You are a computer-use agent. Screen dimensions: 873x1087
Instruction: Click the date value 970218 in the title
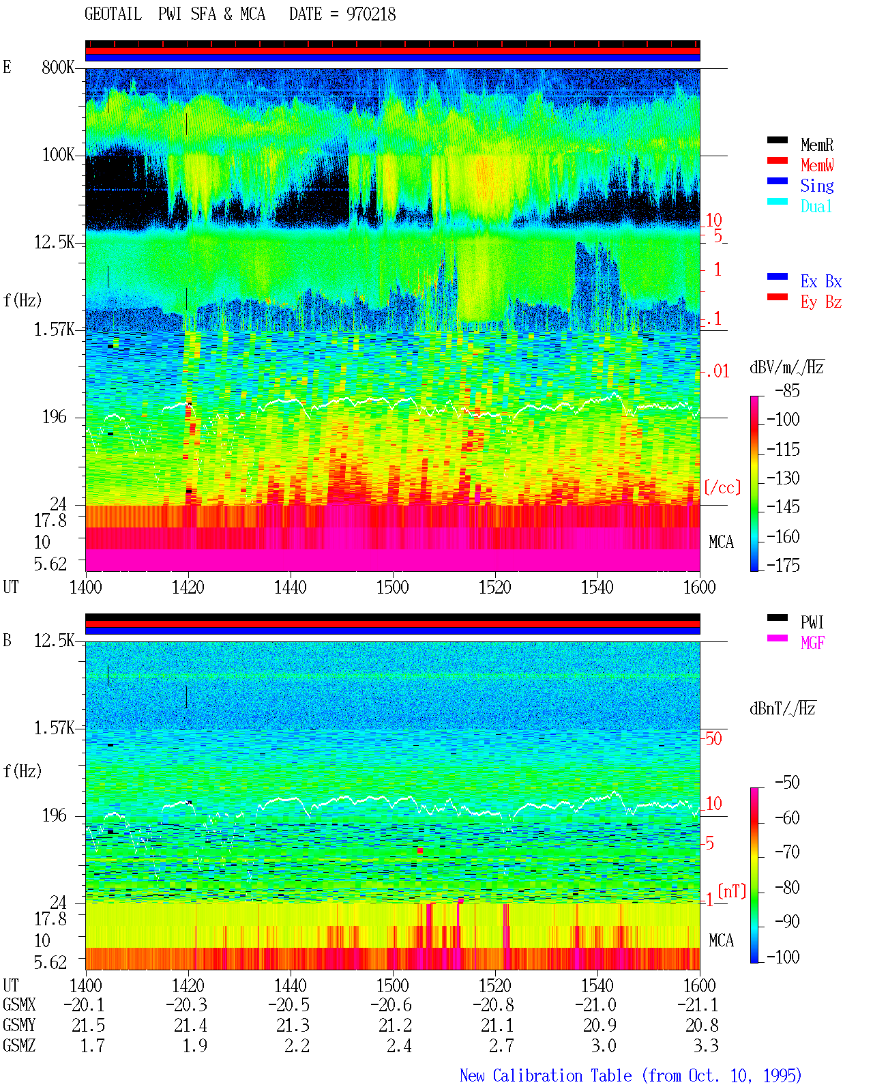click(370, 14)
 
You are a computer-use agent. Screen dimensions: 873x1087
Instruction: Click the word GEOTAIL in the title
click(113, 14)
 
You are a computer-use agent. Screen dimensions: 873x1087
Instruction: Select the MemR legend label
click(816, 145)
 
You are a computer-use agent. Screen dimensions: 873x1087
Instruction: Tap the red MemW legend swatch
click(777, 160)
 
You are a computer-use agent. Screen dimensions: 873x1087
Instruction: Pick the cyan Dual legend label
click(816, 206)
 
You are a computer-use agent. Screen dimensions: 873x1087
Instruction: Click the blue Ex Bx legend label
click(820, 281)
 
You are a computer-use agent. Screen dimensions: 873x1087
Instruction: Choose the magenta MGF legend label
click(812, 643)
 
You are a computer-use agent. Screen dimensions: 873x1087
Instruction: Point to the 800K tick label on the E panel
click(57, 67)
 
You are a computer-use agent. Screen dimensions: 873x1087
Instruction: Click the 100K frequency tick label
click(57, 155)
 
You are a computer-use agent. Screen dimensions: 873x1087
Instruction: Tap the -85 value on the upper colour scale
click(787, 391)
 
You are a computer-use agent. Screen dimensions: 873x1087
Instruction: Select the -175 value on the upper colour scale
click(782, 565)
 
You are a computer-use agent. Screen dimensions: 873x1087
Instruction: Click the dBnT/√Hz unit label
click(782, 709)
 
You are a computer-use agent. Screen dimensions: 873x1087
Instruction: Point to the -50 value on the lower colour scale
click(787, 783)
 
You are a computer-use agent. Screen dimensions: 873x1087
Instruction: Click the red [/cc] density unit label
click(722, 487)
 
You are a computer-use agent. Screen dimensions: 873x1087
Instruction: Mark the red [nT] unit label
click(732, 891)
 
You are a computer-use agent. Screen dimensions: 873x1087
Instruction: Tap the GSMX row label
click(19, 1005)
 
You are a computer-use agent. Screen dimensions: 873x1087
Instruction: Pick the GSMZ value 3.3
click(705, 1045)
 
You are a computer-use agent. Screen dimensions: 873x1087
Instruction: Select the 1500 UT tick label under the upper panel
click(392, 588)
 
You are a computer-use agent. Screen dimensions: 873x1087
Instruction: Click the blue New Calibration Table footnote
click(630, 1075)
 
